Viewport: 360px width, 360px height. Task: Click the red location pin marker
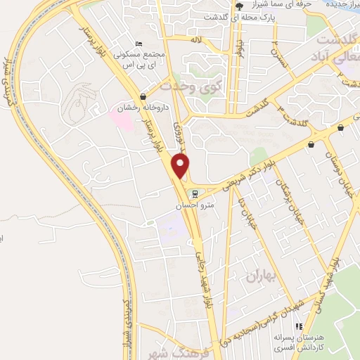[181, 165]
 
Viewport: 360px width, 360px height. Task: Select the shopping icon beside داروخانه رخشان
[143, 96]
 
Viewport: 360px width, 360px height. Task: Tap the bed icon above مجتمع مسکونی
[139, 44]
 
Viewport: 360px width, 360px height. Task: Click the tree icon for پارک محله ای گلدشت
[239, 6]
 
